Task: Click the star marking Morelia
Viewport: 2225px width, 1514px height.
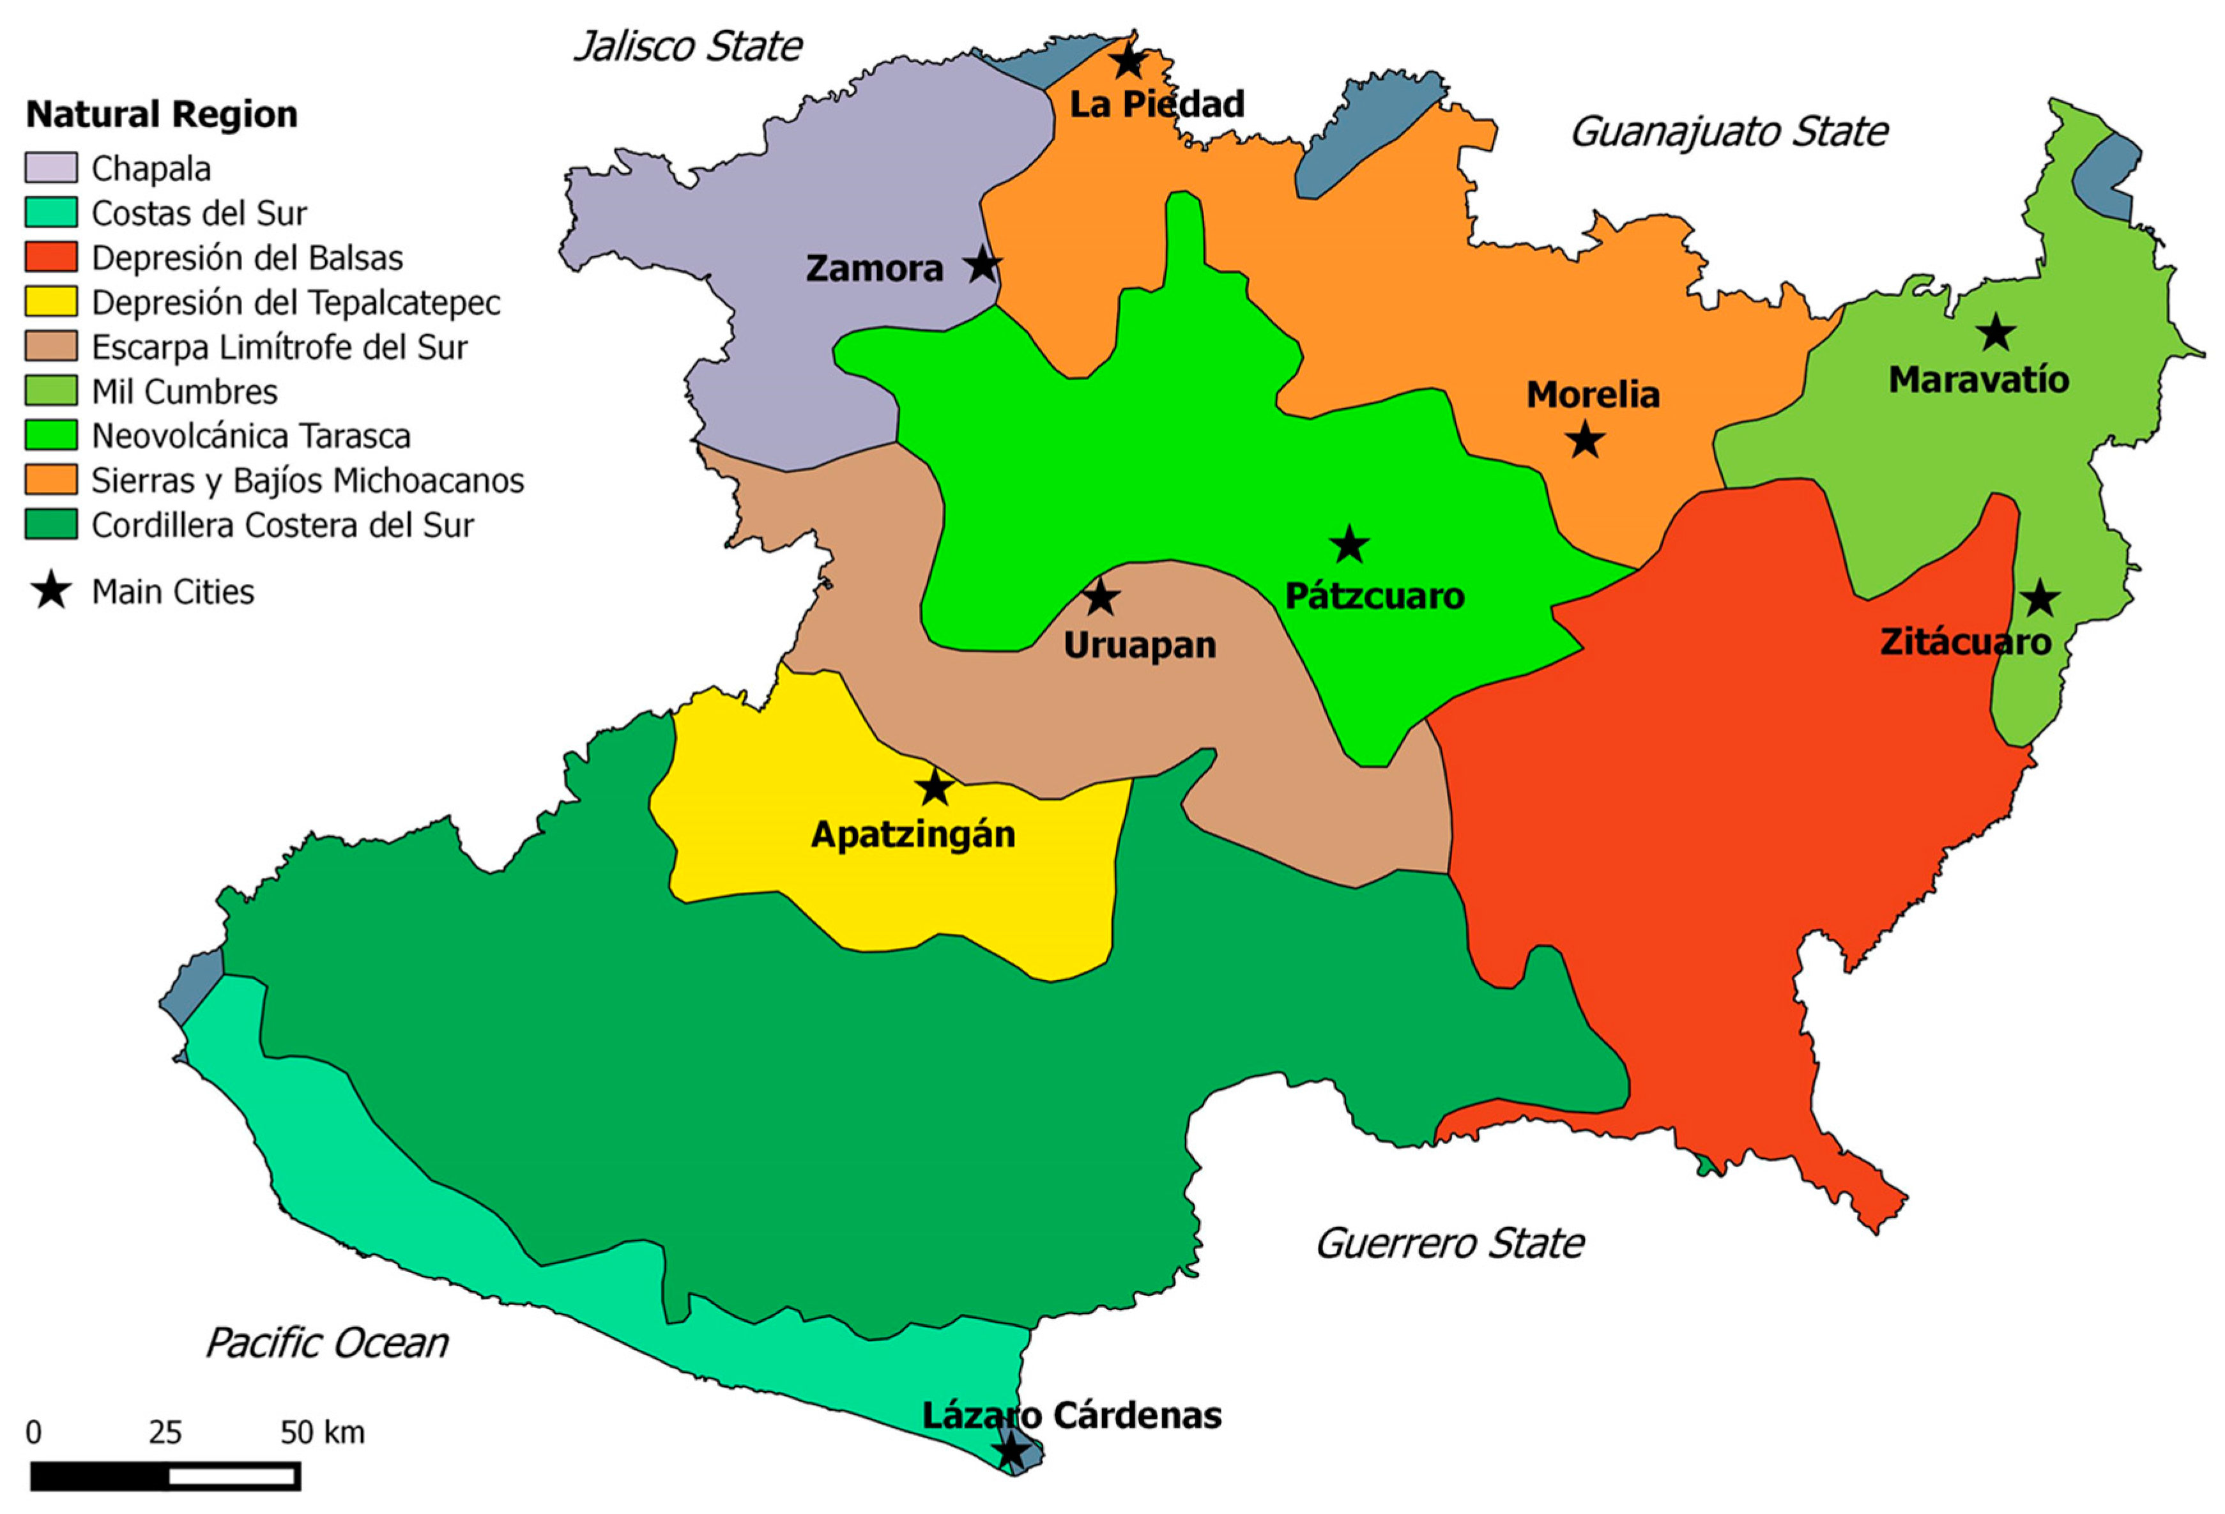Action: (1586, 441)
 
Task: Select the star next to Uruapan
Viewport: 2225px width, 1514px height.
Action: (1101, 597)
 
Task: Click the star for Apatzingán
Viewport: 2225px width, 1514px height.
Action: (935, 787)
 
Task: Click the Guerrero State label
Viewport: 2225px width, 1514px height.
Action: (1449, 1244)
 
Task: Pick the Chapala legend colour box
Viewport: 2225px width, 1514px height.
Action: (50, 167)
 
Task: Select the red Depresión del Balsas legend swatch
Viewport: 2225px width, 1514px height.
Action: (50, 257)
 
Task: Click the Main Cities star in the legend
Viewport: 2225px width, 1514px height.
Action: (50, 591)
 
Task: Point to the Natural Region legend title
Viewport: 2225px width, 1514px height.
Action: (162, 114)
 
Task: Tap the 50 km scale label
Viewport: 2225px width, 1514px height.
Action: (322, 1433)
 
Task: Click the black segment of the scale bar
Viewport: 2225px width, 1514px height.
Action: (100, 1476)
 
